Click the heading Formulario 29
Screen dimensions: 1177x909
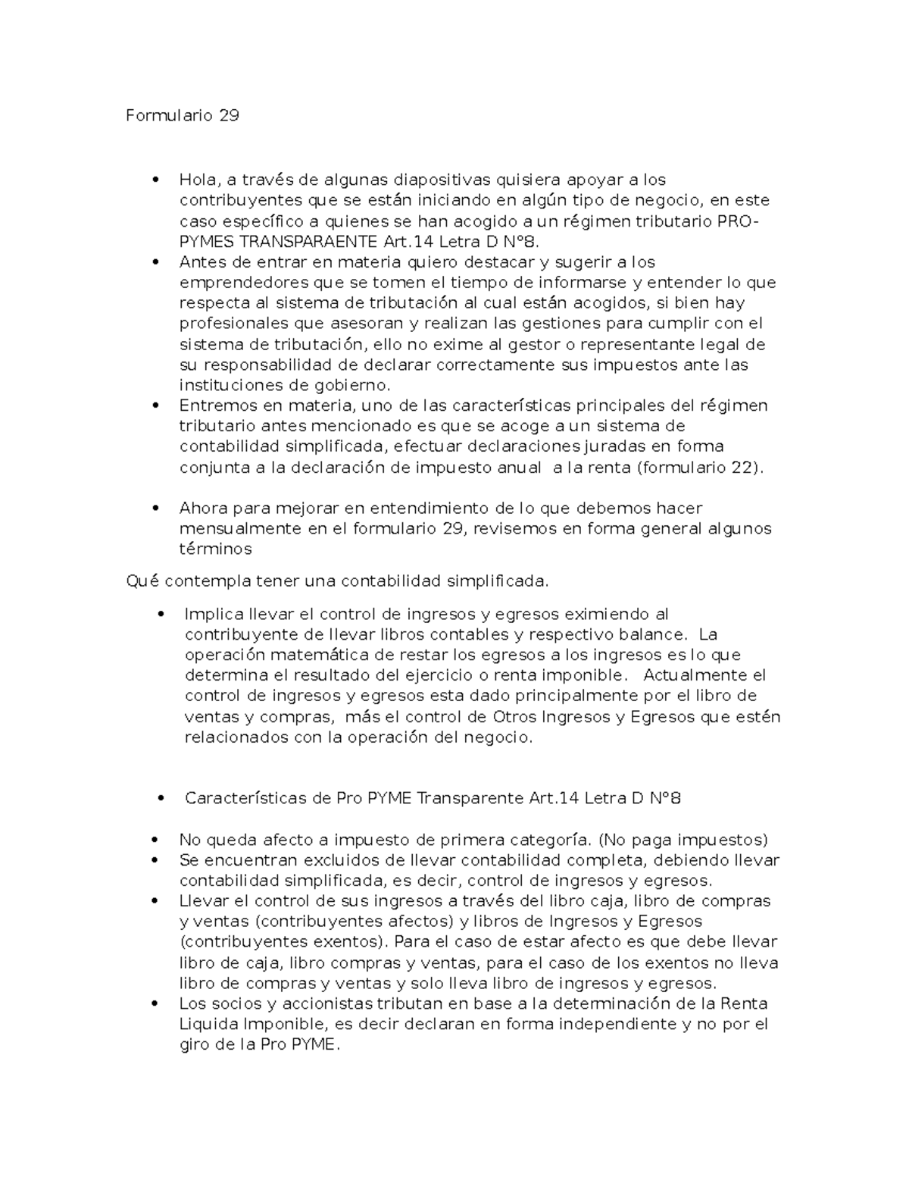182,116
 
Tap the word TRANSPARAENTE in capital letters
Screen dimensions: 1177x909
308,242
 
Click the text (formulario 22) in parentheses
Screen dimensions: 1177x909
698,468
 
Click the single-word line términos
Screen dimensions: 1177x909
215,549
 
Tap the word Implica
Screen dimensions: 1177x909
214,614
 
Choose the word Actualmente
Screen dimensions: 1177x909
683,675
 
